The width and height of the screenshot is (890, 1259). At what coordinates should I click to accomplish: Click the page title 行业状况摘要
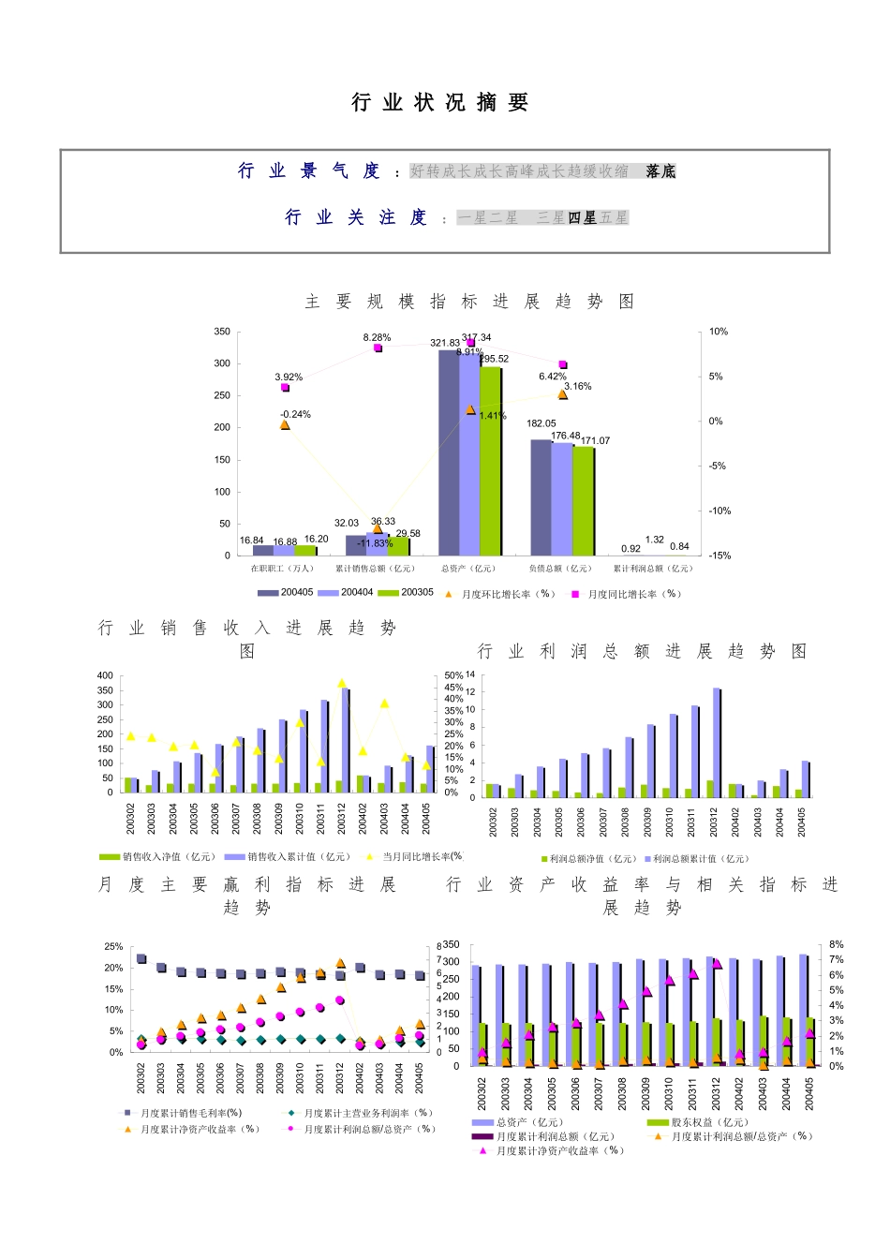click(x=440, y=103)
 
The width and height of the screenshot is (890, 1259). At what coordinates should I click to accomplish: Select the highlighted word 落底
click(x=660, y=171)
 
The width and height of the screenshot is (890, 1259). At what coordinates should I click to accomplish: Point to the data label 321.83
click(x=445, y=343)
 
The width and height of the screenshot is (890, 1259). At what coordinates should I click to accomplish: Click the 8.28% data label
click(x=377, y=337)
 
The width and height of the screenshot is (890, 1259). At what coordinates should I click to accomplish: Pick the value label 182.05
click(x=541, y=423)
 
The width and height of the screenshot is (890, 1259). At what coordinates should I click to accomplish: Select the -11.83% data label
click(x=374, y=543)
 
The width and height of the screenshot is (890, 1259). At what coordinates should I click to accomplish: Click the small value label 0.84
click(x=679, y=546)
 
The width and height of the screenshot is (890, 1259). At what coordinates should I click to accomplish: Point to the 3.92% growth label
click(x=289, y=378)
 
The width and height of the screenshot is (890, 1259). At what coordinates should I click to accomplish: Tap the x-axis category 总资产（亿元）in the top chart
click(x=468, y=569)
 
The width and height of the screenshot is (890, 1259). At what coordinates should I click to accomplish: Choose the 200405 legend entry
click(x=287, y=593)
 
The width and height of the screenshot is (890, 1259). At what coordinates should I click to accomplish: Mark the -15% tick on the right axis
click(x=719, y=555)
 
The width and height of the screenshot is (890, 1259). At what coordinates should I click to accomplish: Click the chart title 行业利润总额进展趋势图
click(x=642, y=651)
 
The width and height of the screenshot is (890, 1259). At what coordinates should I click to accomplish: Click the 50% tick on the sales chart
click(x=453, y=675)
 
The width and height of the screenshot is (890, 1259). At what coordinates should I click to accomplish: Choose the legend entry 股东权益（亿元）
click(x=698, y=1122)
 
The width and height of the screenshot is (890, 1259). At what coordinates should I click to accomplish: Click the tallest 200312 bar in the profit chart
click(x=717, y=742)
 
